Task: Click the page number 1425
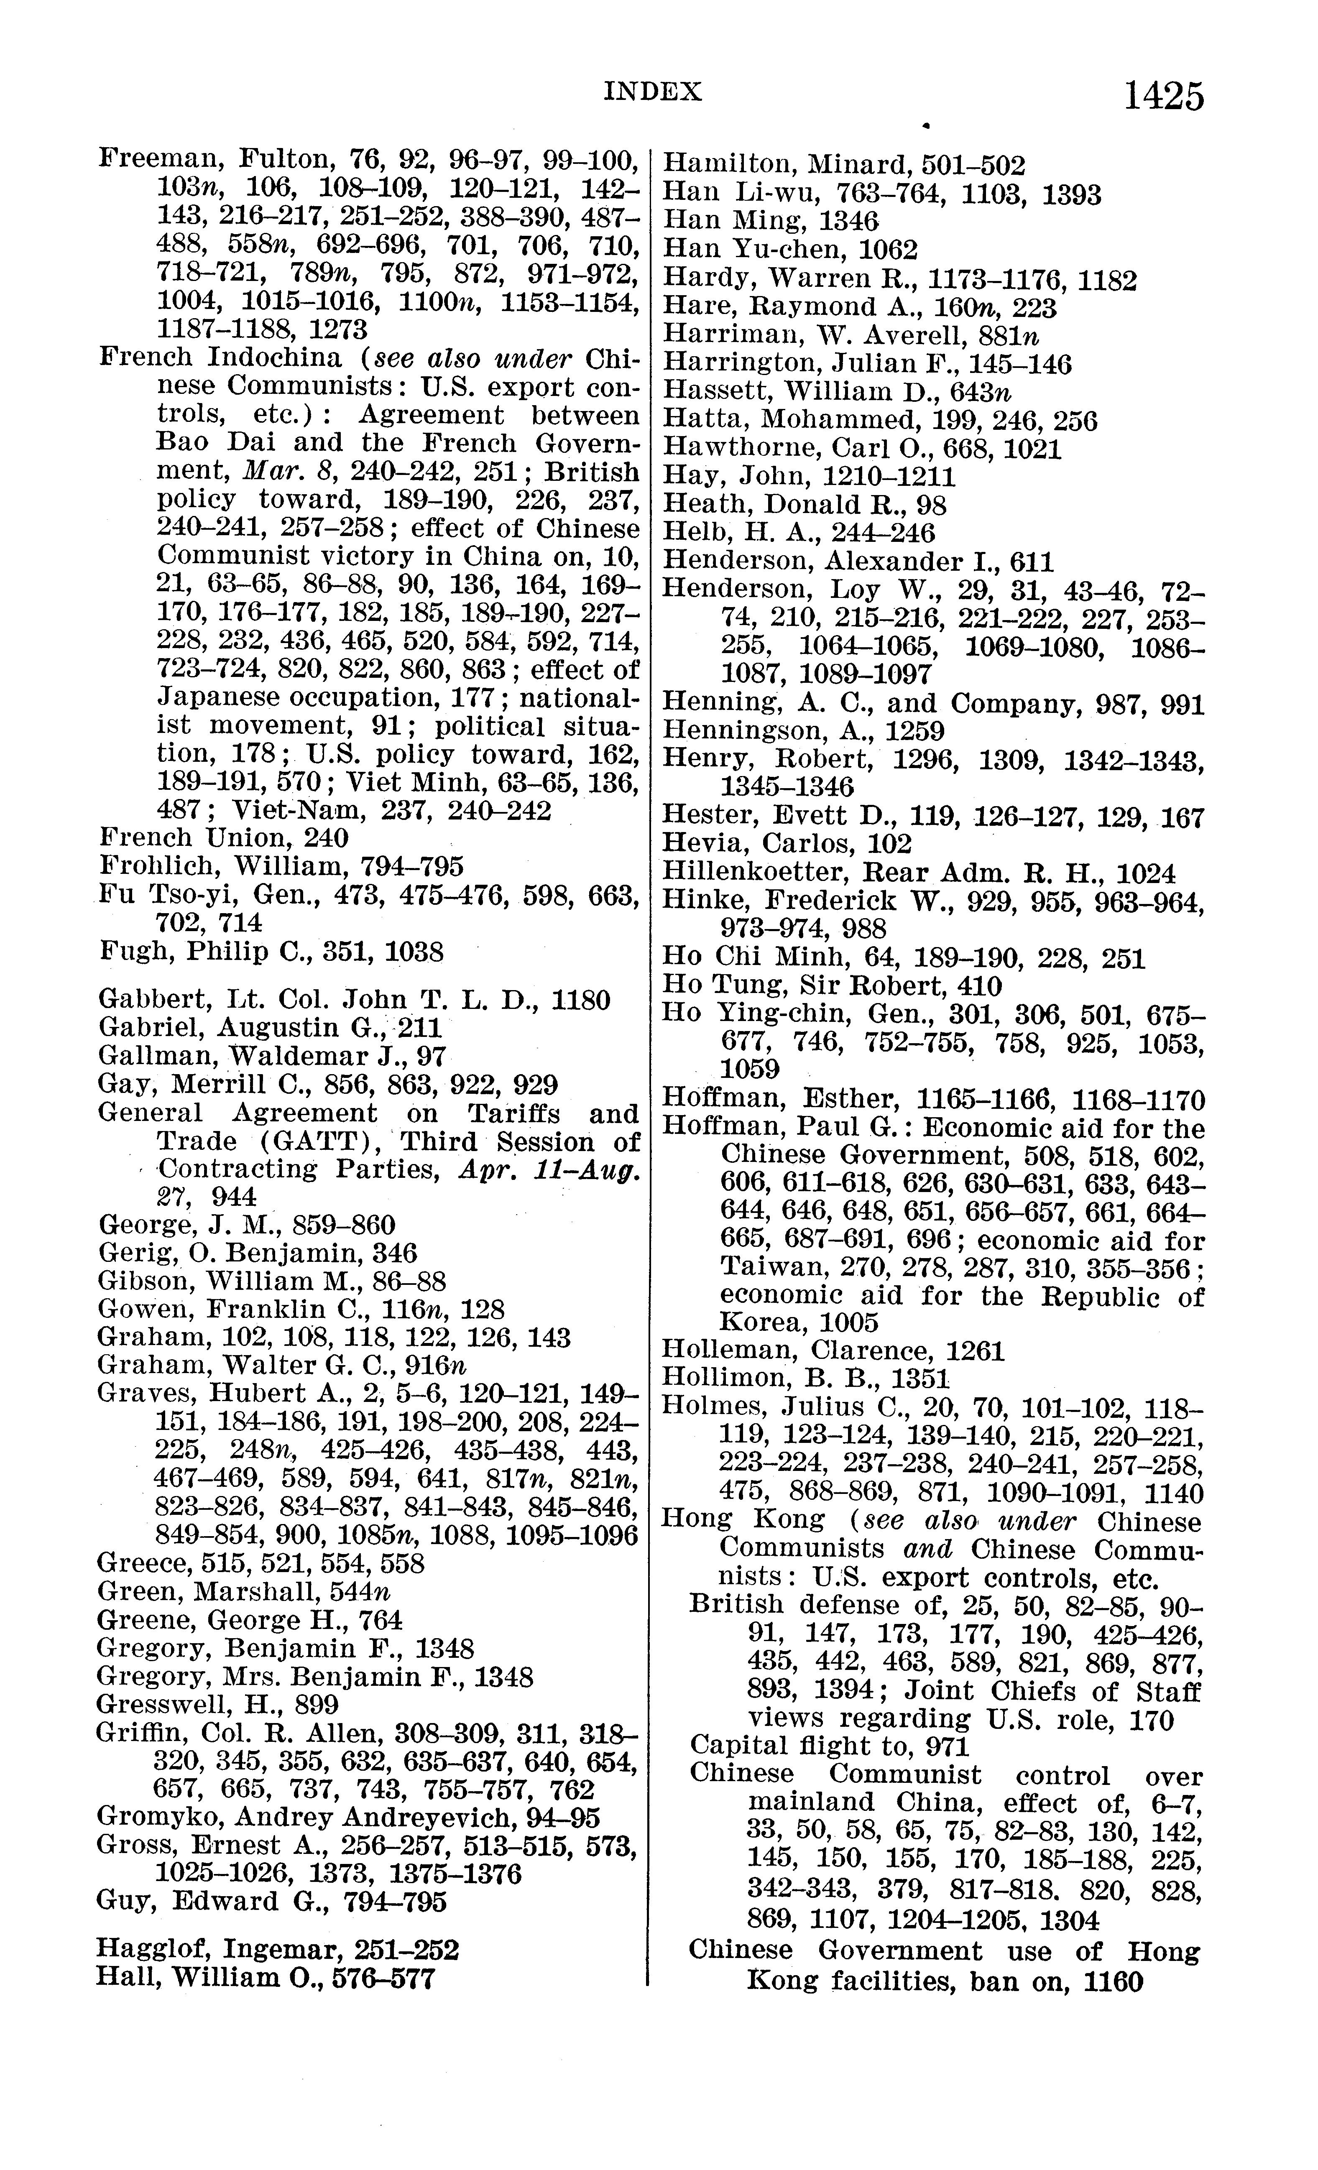[x=1163, y=96]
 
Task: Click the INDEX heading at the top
[x=653, y=92]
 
